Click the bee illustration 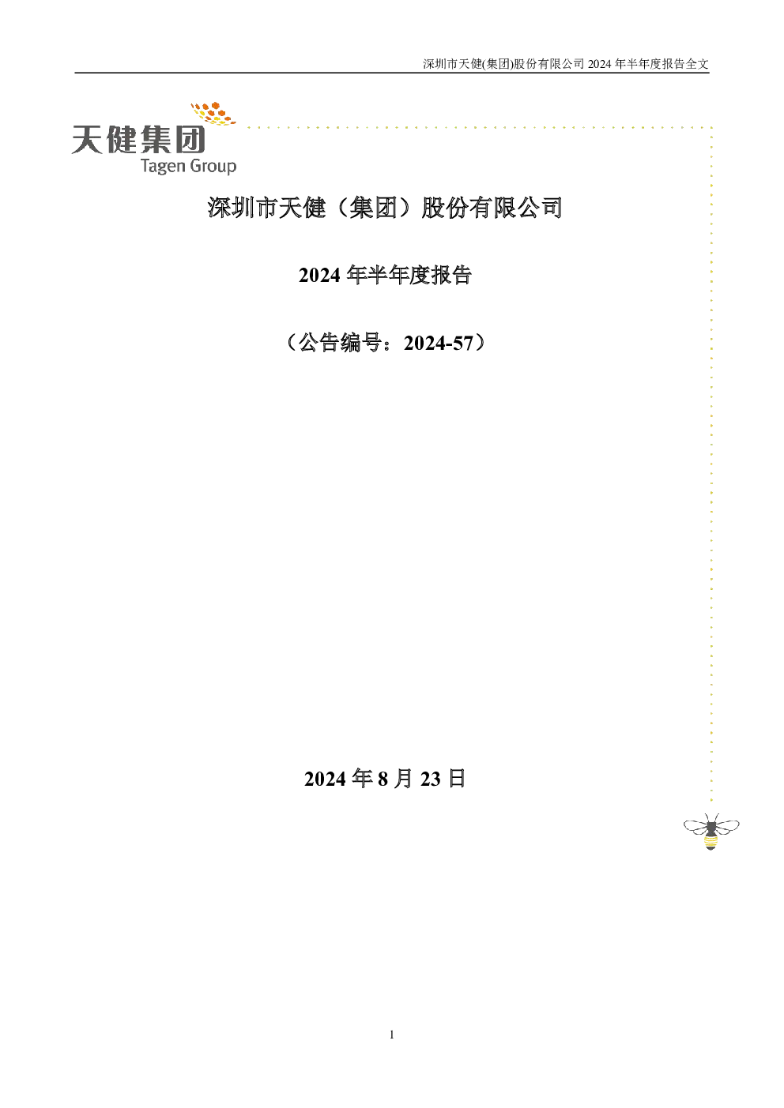tap(711, 832)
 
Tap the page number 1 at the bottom tap(392, 1035)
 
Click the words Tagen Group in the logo tap(189, 165)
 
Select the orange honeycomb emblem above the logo tap(213, 113)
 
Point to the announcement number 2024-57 tap(439, 343)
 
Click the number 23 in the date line tap(431, 779)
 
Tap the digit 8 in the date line tap(383, 779)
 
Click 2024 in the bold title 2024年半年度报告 tap(319, 275)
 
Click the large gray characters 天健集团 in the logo tap(138, 139)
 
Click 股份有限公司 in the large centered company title tap(492, 208)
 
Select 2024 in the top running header tap(599, 64)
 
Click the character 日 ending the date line tap(456, 779)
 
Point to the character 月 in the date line tap(403, 779)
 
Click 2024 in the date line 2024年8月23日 tap(325, 779)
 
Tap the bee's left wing tap(695, 825)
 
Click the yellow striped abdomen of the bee tap(710, 841)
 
